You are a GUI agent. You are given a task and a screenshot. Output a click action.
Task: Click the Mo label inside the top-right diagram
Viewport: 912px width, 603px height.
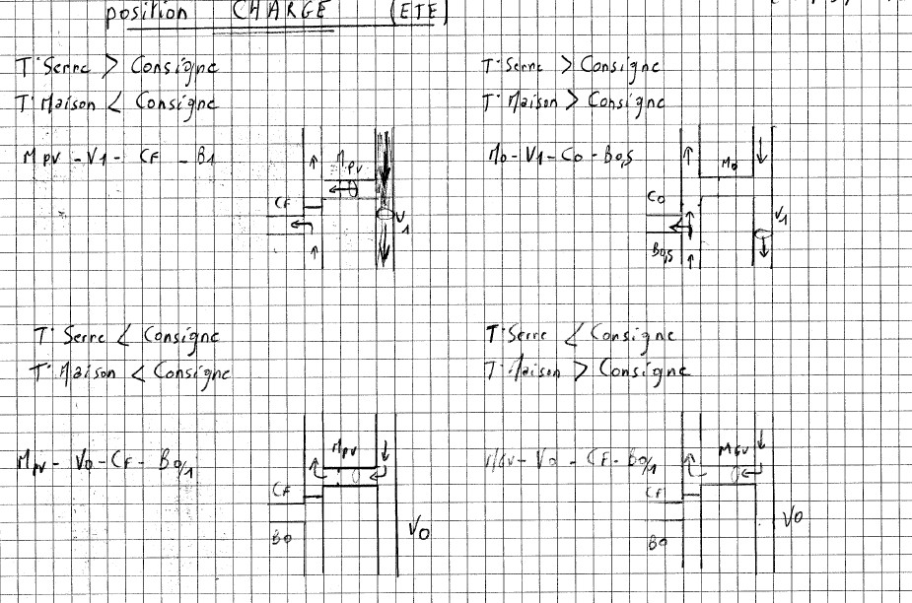[x=730, y=160]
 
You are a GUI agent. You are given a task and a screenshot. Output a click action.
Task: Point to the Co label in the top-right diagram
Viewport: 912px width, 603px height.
[x=656, y=196]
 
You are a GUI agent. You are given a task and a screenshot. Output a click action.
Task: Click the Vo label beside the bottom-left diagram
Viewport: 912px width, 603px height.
[x=417, y=531]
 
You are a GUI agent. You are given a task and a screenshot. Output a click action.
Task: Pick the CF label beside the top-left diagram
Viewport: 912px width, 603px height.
[x=282, y=204]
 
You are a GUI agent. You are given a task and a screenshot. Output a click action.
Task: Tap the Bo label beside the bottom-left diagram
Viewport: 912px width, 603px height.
[x=280, y=538]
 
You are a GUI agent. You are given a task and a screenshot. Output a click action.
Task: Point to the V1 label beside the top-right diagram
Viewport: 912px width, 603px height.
[x=782, y=214]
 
